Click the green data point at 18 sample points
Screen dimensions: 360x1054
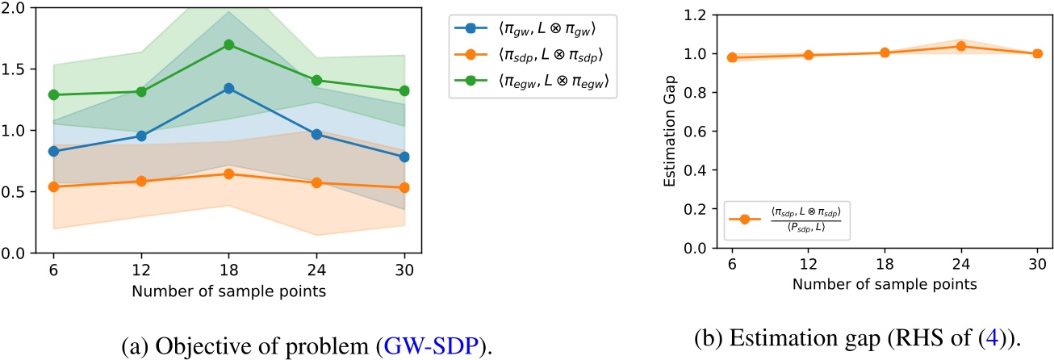228,44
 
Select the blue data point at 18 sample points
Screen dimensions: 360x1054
228,88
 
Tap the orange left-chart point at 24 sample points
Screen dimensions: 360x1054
317,182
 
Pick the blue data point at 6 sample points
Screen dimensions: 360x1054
54,151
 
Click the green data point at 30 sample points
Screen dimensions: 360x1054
404,90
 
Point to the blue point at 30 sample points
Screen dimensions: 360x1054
404,157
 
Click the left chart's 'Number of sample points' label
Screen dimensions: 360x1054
229,291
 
